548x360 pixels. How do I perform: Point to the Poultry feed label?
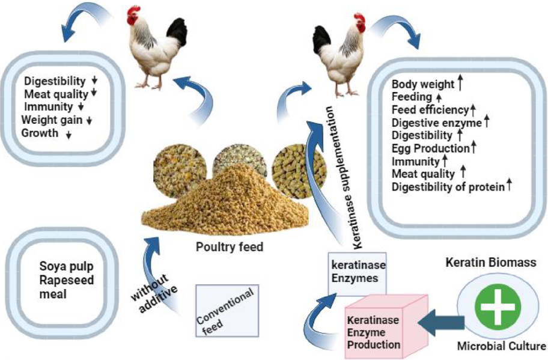(230, 247)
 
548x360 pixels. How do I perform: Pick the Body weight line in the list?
(419, 85)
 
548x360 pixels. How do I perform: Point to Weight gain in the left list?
(53, 120)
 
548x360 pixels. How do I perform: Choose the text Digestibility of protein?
(448, 187)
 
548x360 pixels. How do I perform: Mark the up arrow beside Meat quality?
(463, 173)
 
